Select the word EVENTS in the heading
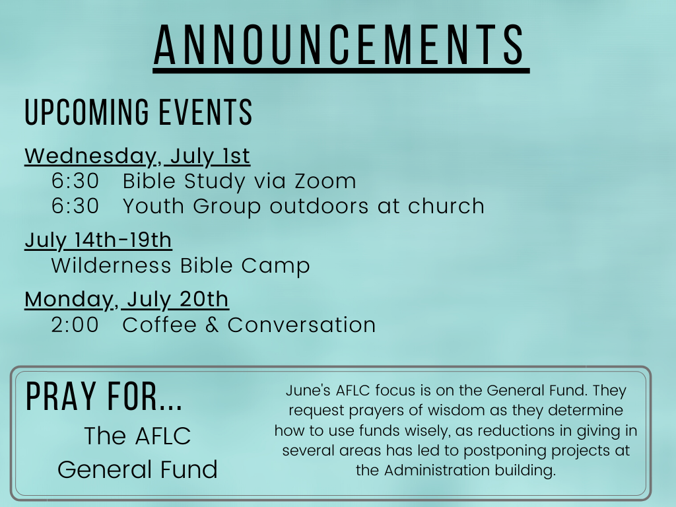pyautogui.click(x=206, y=112)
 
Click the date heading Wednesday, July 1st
pyautogui.click(x=137, y=156)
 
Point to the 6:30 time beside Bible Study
pyautogui.click(x=75, y=181)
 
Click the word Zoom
pyautogui.click(x=325, y=181)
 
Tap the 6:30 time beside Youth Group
pyautogui.click(x=75, y=206)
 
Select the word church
pyautogui.click(x=446, y=206)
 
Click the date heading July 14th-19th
pyautogui.click(x=98, y=240)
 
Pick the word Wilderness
pyautogui.click(x=111, y=265)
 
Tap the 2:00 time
pyautogui.click(x=75, y=325)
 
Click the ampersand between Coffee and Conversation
pyautogui.click(x=212, y=325)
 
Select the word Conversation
pyautogui.click(x=301, y=325)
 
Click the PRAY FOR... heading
pyautogui.click(x=104, y=397)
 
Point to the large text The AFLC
pyautogui.click(x=137, y=436)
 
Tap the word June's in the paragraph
pyautogui.click(x=308, y=390)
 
